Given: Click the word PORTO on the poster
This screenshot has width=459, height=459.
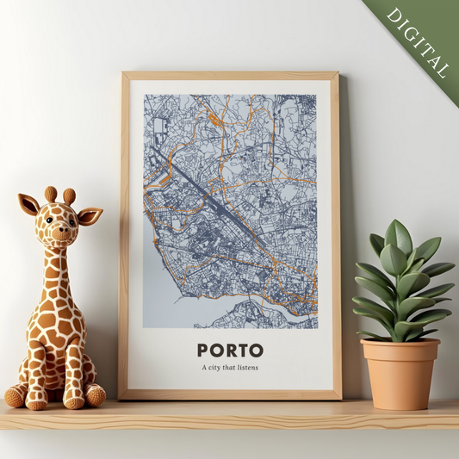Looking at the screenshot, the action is point(229,350).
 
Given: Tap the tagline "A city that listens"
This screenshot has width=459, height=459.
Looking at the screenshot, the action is point(229,369).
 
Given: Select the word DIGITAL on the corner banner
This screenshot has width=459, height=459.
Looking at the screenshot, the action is point(419,40).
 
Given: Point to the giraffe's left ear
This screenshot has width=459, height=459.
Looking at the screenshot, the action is point(29,204).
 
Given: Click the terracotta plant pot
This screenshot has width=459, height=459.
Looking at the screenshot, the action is point(400,372).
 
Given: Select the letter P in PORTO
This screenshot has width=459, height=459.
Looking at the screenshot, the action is point(203,350).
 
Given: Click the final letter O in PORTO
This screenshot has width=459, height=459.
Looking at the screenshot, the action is point(256,350).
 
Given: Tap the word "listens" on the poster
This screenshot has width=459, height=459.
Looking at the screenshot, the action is point(247,369).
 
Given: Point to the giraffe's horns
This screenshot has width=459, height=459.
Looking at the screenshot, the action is point(60,195).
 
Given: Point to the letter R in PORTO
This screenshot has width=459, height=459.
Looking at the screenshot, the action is point(229,350).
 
